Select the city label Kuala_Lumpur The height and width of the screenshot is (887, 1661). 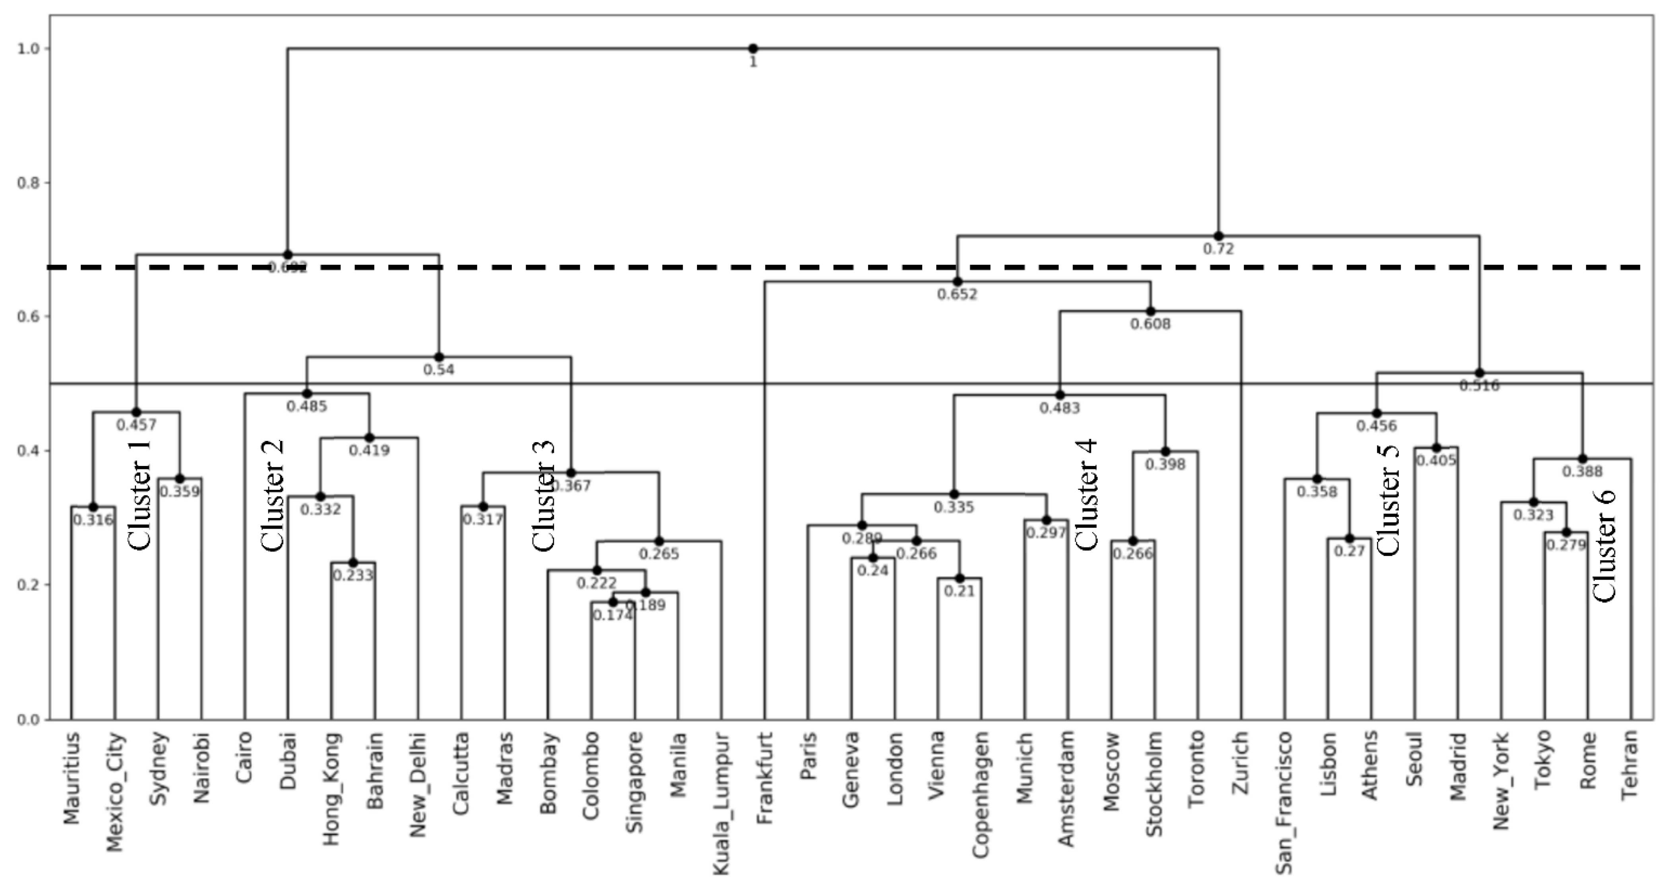pyautogui.click(x=722, y=802)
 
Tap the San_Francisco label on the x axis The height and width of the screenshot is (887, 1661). pyautogui.click(x=1284, y=802)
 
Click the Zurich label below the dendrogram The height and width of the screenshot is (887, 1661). pyautogui.click(x=1241, y=761)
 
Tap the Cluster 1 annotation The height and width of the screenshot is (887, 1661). pyautogui.click(x=140, y=495)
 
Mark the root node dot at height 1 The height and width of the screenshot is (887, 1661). pyautogui.click(x=753, y=48)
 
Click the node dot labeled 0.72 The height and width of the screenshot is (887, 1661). pyautogui.click(x=1218, y=236)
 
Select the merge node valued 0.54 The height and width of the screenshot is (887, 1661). pyautogui.click(x=438, y=357)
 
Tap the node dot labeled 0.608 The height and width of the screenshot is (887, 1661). pyautogui.click(x=1150, y=311)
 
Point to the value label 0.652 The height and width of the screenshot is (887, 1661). pyautogui.click(x=957, y=295)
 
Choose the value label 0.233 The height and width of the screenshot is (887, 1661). pyautogui.click(x=353, y=575)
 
